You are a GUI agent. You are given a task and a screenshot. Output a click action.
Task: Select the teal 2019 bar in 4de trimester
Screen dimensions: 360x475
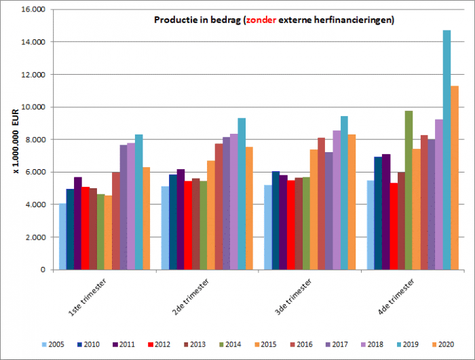coord(446,149)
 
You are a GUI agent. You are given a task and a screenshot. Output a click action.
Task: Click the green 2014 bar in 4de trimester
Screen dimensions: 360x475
coord(408,190)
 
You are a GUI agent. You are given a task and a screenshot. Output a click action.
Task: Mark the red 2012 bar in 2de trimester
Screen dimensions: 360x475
coord(188,225)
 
